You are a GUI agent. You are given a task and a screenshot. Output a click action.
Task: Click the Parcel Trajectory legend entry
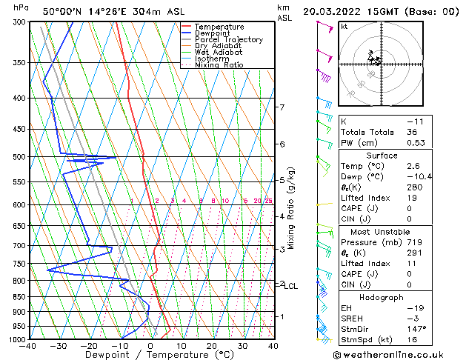(x=228, y=39)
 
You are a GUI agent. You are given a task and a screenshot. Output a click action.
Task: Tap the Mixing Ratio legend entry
(x=219, y=65)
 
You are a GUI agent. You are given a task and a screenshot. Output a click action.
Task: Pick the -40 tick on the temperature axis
(x=29, y=346)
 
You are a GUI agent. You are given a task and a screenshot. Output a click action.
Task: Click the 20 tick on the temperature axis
(x=212, y=346)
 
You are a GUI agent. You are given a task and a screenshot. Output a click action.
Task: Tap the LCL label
(x=291, y=286)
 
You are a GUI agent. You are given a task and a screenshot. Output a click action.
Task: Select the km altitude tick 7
(x=282, y=107)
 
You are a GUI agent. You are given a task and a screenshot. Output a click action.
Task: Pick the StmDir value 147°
(x=416, y=328)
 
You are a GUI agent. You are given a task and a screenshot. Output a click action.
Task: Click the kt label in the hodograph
(x=344, y=27)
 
